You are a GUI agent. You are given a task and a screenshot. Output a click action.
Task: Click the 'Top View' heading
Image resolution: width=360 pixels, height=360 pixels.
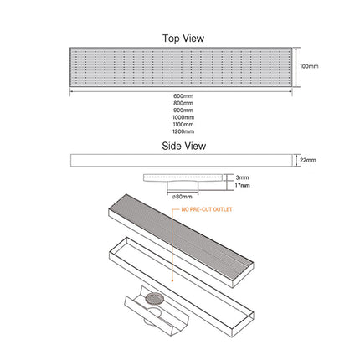click(x=183, y=38)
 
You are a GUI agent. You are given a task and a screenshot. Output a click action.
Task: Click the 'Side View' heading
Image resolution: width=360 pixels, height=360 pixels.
click(x=183, y=146)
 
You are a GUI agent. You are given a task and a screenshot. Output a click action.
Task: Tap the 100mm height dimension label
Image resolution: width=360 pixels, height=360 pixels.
click(x=309, y=66)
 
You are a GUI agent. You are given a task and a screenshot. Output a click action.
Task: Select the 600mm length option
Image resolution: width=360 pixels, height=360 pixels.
click(x=183, y=96)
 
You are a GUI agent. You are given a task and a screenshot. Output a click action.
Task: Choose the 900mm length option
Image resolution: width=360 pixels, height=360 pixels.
click(x=183, y=111)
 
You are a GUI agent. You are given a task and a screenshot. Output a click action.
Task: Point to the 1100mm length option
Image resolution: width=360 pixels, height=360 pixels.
click(x=183, y=125)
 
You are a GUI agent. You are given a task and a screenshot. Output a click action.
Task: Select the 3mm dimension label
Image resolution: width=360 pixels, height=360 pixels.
click(x=242, y=177)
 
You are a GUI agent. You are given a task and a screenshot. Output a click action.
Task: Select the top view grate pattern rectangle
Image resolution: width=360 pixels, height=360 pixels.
click(x=182, y=67)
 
